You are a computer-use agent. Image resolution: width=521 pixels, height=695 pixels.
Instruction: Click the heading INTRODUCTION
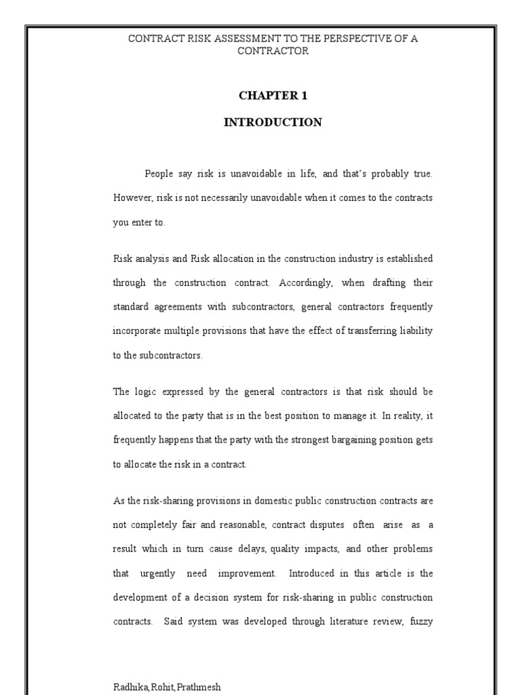(273, 123)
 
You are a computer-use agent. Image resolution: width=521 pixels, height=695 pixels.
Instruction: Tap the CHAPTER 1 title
(273, 96)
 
